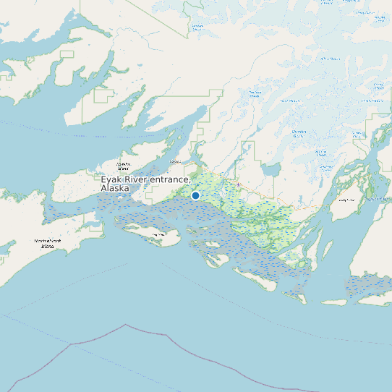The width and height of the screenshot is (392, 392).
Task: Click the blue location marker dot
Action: [x=195, y=195]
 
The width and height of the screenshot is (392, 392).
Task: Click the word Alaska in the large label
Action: [x=115, y=188]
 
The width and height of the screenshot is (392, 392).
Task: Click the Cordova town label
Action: [x=174, y=162]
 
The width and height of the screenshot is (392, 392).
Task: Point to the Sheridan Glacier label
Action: [x=255, y=93]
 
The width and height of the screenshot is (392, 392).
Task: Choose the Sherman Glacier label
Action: [x=298, y=132]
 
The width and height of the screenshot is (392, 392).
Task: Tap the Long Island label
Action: [x=347, y=200]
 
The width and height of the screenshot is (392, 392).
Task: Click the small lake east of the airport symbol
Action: [x=272, y=171]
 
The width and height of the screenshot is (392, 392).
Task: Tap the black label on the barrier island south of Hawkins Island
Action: [x=155, y=234]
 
